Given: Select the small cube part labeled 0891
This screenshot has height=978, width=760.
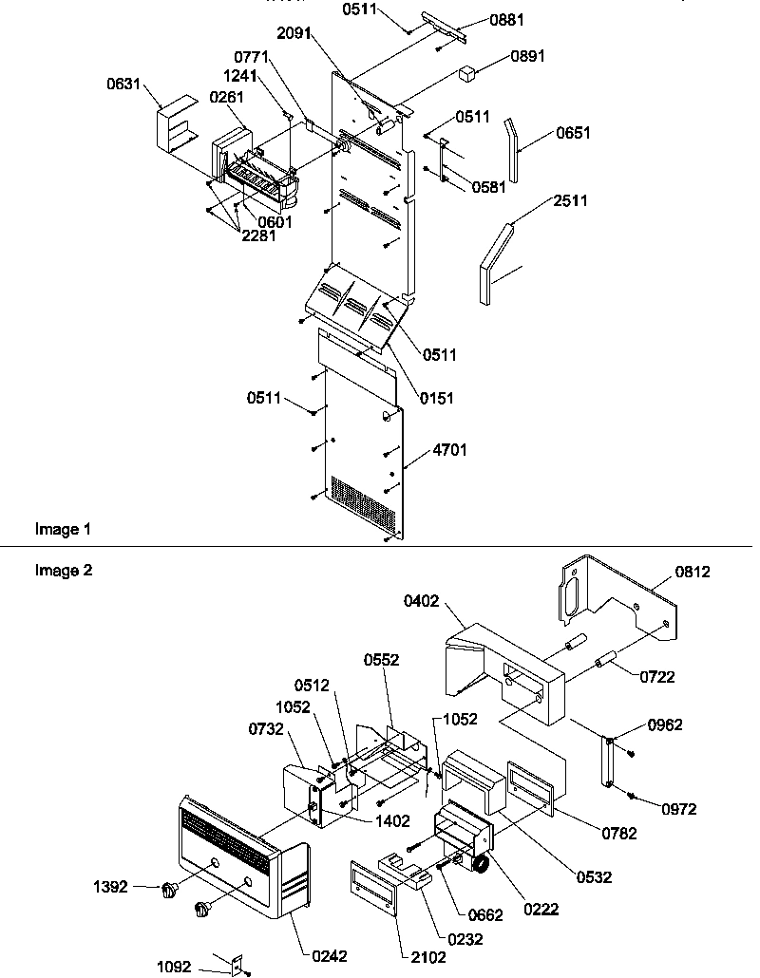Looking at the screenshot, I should point(467,72).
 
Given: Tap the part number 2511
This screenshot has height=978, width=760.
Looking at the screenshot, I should point(569,200).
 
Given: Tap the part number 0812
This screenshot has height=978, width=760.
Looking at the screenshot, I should point(693,572).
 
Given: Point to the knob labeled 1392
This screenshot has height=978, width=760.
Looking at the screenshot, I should point(170,889).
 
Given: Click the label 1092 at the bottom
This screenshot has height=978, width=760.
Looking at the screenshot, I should point(176,967).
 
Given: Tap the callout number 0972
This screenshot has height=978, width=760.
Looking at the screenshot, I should point(679,809).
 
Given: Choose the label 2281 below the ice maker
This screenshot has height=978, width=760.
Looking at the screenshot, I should point(257,235).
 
